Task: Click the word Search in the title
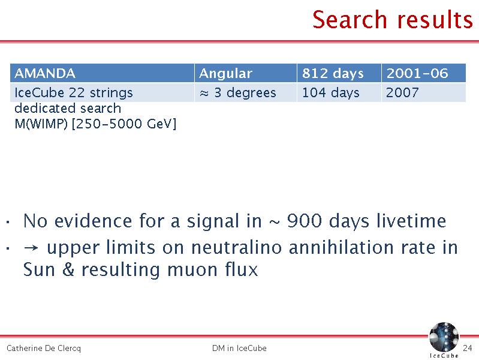tap(350, 20)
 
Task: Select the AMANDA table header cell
tap(102, 73)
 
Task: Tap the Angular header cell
tap(246, 73)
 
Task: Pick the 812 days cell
tap(339, 73)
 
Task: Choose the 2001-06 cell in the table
tap(424, 73)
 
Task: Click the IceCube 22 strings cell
tap(102, 92)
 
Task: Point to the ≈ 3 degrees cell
tap(246, 92)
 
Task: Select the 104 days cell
tap(339, 92)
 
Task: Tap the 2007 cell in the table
tap(424, 92)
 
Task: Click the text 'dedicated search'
tap(68, 108)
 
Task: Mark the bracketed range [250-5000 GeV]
tap(124, 124)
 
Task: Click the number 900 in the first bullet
tap(305, 221)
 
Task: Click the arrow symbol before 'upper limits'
tap(31, 248)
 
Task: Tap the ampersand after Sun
tap(68, 269)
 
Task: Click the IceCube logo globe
tap(444, 337)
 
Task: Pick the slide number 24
tap(468, 348)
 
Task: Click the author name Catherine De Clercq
tap(44, 349)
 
